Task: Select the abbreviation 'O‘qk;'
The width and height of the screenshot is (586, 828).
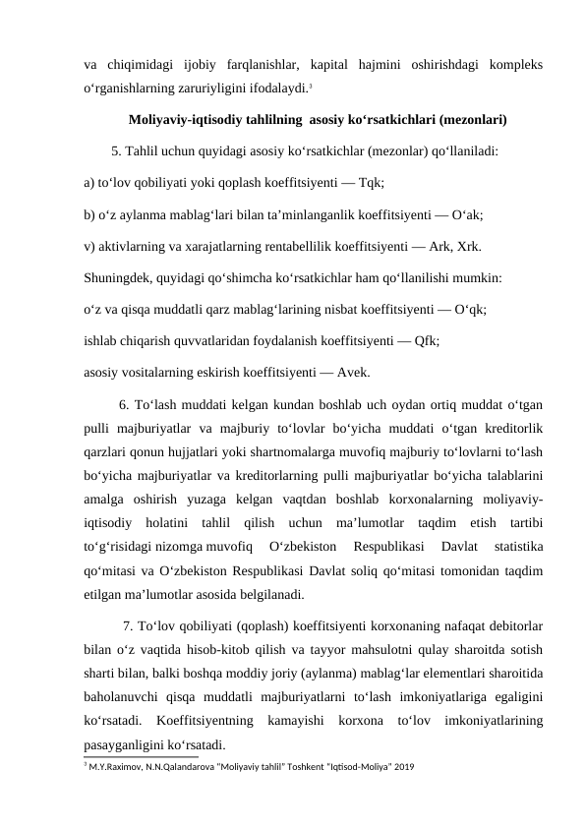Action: click(x=474, y=308)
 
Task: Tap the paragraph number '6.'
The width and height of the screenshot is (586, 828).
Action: click(x=124, y=402)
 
